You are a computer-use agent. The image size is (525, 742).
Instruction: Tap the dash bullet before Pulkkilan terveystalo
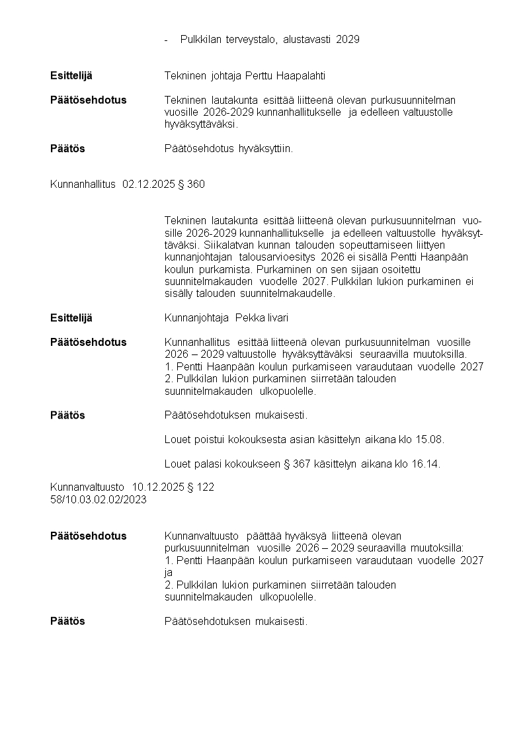click(x=167, y=40)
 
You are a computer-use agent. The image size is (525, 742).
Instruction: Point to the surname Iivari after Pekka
click(x=277, y=318)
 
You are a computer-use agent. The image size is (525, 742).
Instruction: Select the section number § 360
click(x=192, y=185)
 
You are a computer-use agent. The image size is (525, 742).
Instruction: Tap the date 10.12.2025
click(x=158, y=487)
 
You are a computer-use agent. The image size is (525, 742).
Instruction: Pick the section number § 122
click(x=201, y=487)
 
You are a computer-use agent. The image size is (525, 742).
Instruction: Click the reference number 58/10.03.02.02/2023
click(x=98, y=499)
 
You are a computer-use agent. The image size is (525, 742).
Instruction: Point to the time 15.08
click(x=430, y=440)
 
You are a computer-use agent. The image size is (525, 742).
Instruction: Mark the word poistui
click(x=204, y=440)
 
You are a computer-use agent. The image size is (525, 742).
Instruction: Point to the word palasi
click(x=202, y=464)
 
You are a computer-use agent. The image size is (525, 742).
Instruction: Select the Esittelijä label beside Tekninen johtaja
click(x=71, y=76)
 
